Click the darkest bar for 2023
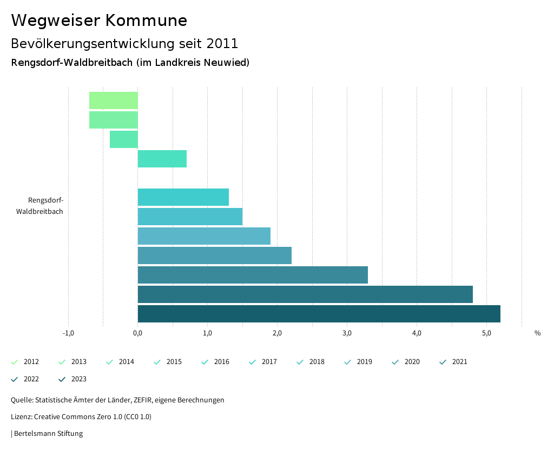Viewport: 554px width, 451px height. [x=319, y=314]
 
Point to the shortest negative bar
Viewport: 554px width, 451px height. [x=124, y=139]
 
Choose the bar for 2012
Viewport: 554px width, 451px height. [x=114, y=100]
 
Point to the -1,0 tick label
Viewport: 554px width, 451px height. [x=68, y=333]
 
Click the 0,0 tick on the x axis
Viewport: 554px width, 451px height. [x=138, y=333]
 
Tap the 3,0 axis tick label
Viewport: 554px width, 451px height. [x=347, y=333]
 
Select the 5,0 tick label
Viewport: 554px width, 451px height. [x=486, y=333]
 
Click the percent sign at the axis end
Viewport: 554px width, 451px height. [x=537, y=333]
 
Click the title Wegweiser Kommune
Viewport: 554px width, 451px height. [x=99, y=21]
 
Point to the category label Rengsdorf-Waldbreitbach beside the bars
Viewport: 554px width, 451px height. [x=45, y=206]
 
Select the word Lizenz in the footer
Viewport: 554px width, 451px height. [x=21, y=416]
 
